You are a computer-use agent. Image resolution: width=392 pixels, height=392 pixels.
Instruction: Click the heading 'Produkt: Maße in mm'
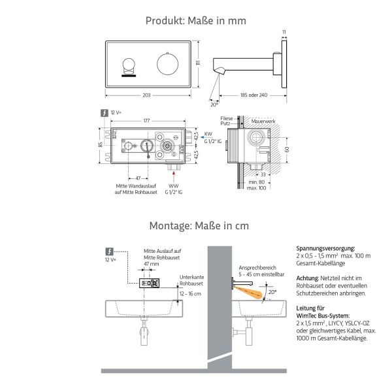point(195,21)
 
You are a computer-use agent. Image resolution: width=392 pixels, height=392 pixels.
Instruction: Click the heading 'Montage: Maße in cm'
point(195,225)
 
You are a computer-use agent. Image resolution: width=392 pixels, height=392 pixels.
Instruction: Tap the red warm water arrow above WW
point(173,176)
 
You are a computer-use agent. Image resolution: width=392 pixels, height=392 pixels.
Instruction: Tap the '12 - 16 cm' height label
point(191,295)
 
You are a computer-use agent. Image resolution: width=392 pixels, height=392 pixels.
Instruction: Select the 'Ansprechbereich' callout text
point(257,268)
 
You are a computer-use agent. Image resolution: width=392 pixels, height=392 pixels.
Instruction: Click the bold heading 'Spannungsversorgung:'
point(325,249)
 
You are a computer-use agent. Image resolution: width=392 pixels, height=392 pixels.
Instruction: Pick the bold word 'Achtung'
point(308,278)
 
